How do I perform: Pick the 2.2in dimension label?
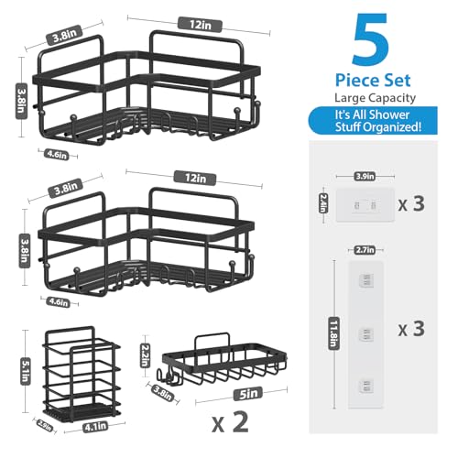(143, 352)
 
